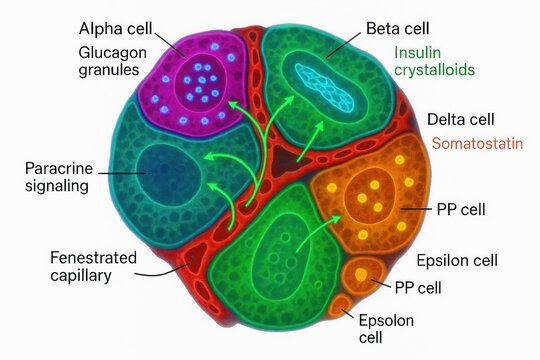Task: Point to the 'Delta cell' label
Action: [462, 119]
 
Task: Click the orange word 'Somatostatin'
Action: [477, 144]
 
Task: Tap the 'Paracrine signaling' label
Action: [59, 176]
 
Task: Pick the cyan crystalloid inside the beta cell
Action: [321, 86]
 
